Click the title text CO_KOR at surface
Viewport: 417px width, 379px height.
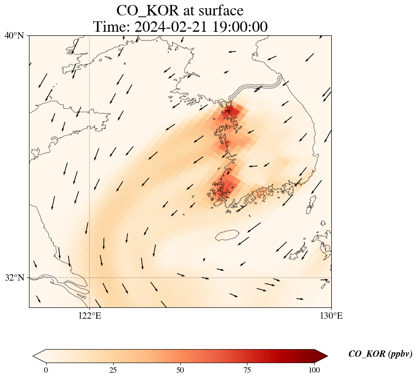pos(180,10)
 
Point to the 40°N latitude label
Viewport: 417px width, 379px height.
pos(14,35)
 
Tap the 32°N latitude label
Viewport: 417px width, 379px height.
pos(14,277)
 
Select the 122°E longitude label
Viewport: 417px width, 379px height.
pos(90,316)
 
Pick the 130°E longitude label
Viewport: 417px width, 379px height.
pos(331,316)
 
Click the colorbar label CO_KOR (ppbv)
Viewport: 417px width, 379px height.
pos(380,354)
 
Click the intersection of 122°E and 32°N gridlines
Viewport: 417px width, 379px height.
pos(90,277)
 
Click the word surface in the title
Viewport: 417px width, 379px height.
pos(222,10)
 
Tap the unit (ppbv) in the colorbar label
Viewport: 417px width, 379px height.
pos(400,354)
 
